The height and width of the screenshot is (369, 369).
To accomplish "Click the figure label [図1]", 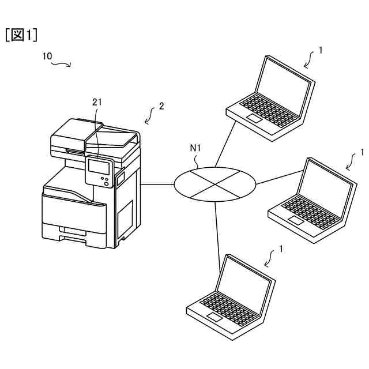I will (x=21, y=35).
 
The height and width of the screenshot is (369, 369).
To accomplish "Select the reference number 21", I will (x=97, y=102).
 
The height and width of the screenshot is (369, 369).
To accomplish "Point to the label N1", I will (x=195, y=148).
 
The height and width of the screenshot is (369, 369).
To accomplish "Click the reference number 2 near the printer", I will (x=162, y=106).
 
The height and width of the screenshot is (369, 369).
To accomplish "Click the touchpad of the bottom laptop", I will (x=214, y=317).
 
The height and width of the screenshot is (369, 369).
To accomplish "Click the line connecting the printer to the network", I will (x=157, y=184).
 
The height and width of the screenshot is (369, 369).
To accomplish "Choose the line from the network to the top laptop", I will (x=226, y=144).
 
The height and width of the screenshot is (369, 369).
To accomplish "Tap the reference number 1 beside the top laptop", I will (x=321, y=50).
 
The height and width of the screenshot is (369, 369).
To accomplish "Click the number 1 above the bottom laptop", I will (x=281, y=249).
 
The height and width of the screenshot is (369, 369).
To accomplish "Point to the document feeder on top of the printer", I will (x=95, y=134).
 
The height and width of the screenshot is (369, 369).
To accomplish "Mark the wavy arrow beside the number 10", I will (x=62, y=63).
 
